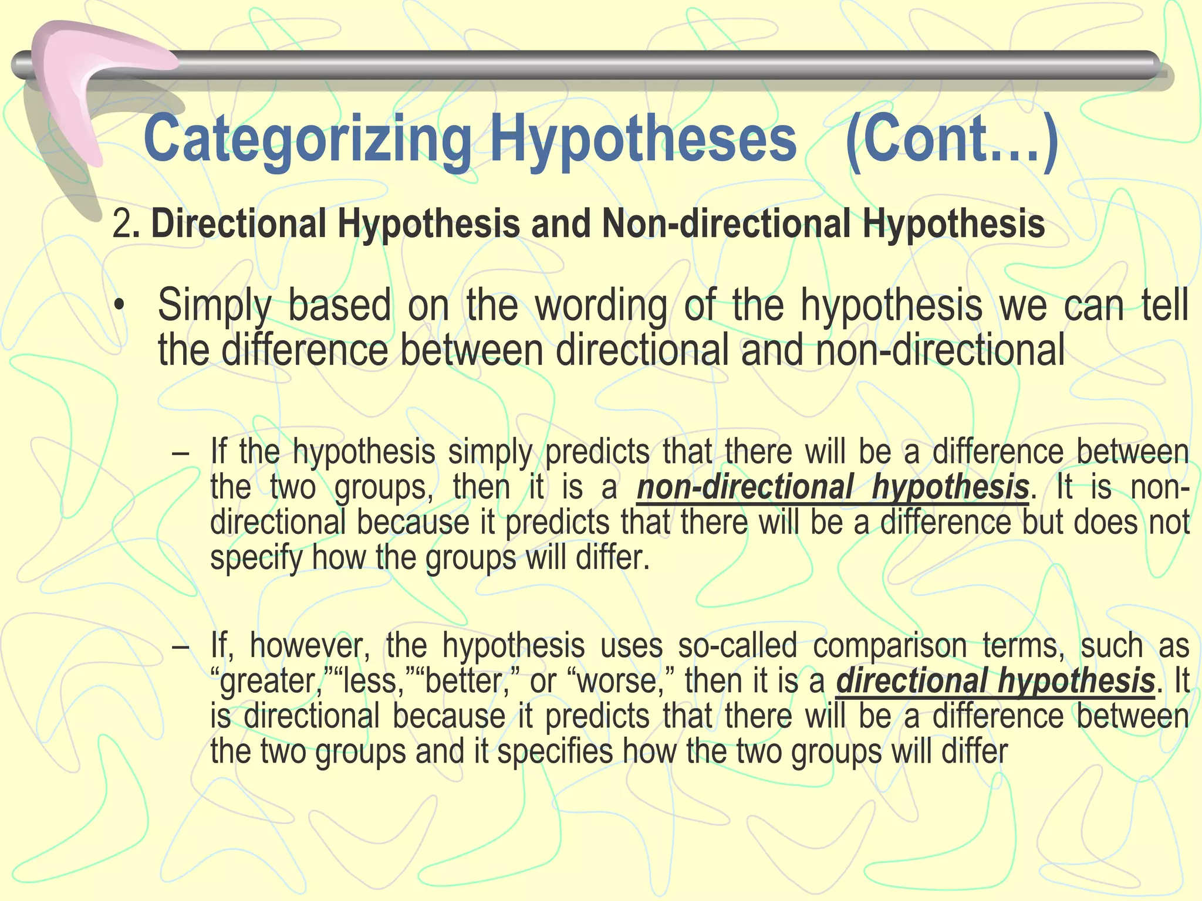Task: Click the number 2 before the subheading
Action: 121,225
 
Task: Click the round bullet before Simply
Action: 120,307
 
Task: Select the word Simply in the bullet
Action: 215,306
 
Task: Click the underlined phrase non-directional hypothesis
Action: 832,487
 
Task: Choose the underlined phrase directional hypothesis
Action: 995,681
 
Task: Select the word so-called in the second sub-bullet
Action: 737,646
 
